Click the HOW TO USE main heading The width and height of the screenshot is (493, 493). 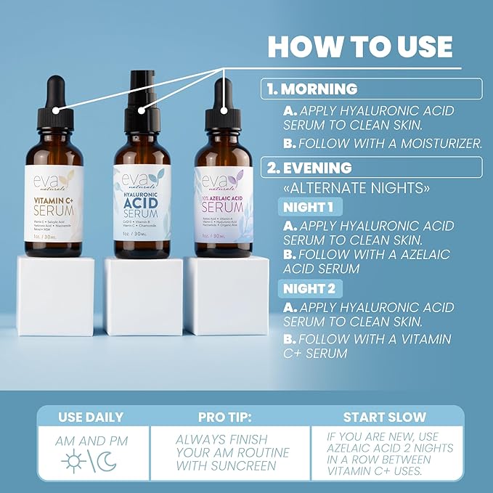click(x=360, y=46)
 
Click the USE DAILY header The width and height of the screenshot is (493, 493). click(x=90, y=417)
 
